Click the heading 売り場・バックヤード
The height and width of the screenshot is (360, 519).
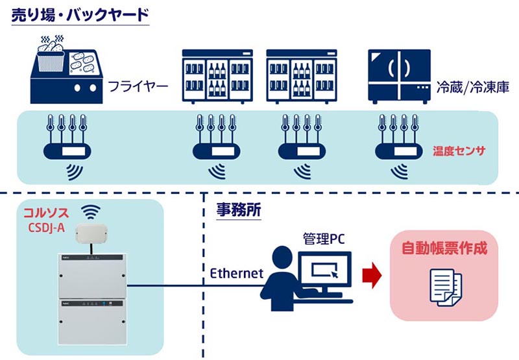click(80, 16)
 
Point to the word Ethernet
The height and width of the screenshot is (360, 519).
click(237, 273)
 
